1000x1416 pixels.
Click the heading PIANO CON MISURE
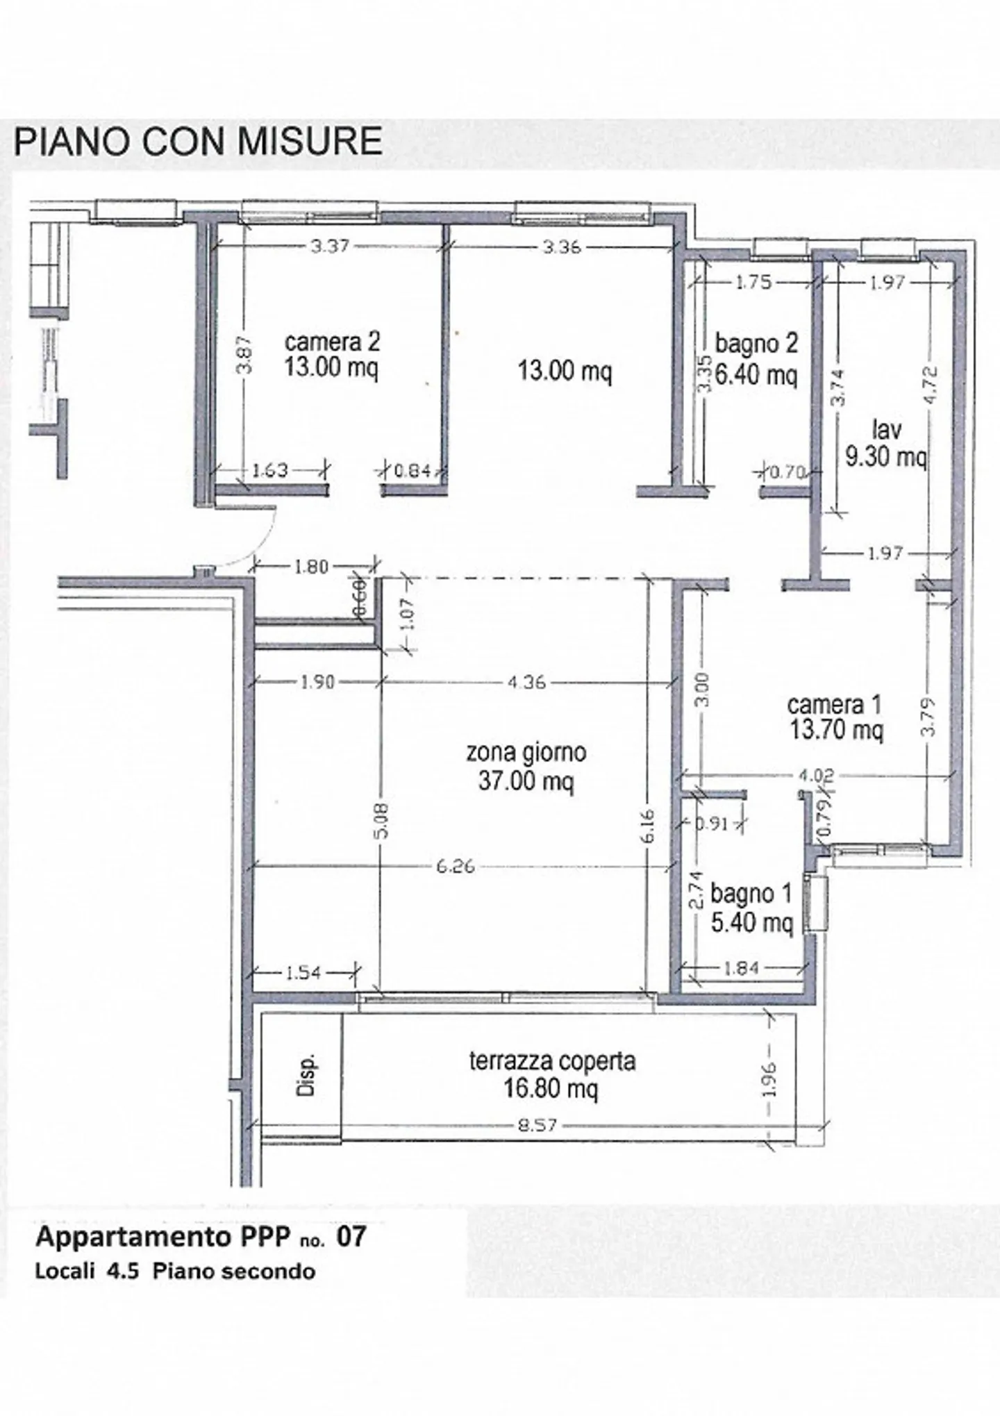point(198,141)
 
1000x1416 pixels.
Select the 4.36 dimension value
point(526,682)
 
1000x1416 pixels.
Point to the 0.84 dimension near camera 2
point(412,471)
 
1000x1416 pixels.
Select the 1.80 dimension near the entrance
point(310,567)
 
